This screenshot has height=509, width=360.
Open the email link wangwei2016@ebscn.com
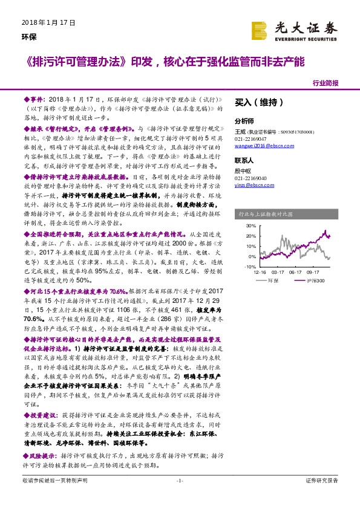coord(260,146)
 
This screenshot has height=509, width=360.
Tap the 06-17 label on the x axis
coord(295,272)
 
